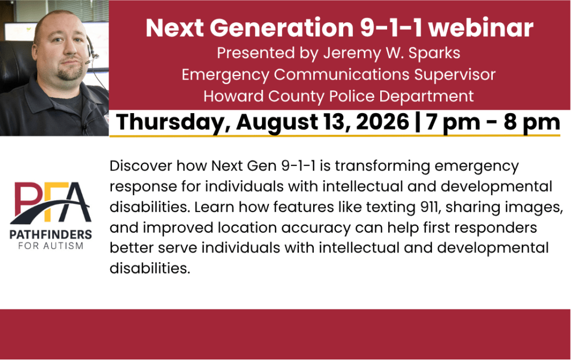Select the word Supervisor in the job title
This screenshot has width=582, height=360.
[x=455, y=75]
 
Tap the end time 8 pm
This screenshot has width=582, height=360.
[x=531, y=123]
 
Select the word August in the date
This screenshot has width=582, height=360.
[x=277, y=123]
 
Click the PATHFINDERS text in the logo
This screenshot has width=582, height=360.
[x=51, y=234]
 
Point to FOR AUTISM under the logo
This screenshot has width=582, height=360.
[x=51, y=246]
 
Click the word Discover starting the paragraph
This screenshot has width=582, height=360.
[x=141, y=165]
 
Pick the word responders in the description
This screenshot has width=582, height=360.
[x=499, y=228]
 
